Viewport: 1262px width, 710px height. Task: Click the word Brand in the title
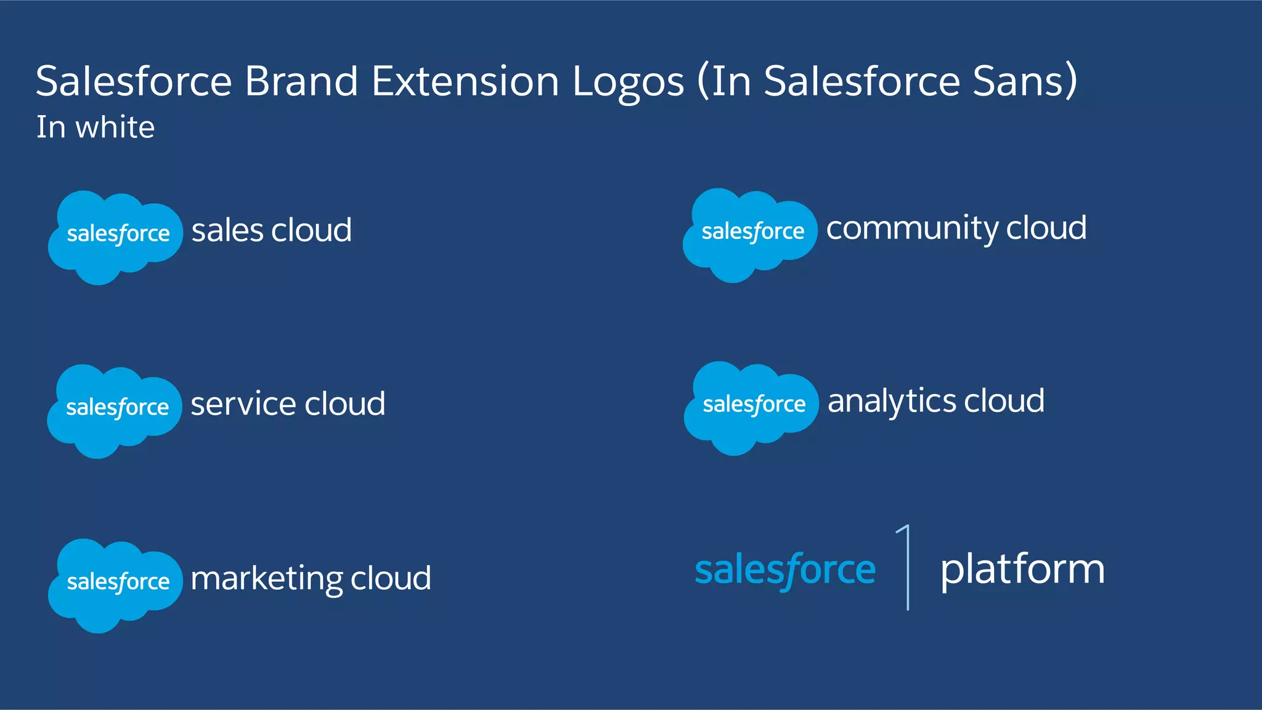(301, 81)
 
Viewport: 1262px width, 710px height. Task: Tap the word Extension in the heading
(465, 81)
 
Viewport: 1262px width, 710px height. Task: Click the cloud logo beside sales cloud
(115, 237)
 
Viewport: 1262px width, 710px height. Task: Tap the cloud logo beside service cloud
(115, 411)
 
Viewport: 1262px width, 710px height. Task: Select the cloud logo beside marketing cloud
(115, 585)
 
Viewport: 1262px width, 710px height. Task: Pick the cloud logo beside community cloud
(750, 235)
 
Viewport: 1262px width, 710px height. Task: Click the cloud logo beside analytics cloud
(751, 408)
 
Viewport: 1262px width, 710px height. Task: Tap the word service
(243, 404)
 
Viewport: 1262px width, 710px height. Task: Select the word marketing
(266, 579)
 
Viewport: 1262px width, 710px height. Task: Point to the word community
(912, 228)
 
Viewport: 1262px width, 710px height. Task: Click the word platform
(1022, 570)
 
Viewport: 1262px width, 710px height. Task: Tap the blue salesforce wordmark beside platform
(785, 570)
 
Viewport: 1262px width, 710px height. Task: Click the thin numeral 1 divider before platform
(906, 567)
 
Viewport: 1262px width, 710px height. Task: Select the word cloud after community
(1046, 228)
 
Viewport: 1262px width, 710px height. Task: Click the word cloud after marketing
(391, 578)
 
